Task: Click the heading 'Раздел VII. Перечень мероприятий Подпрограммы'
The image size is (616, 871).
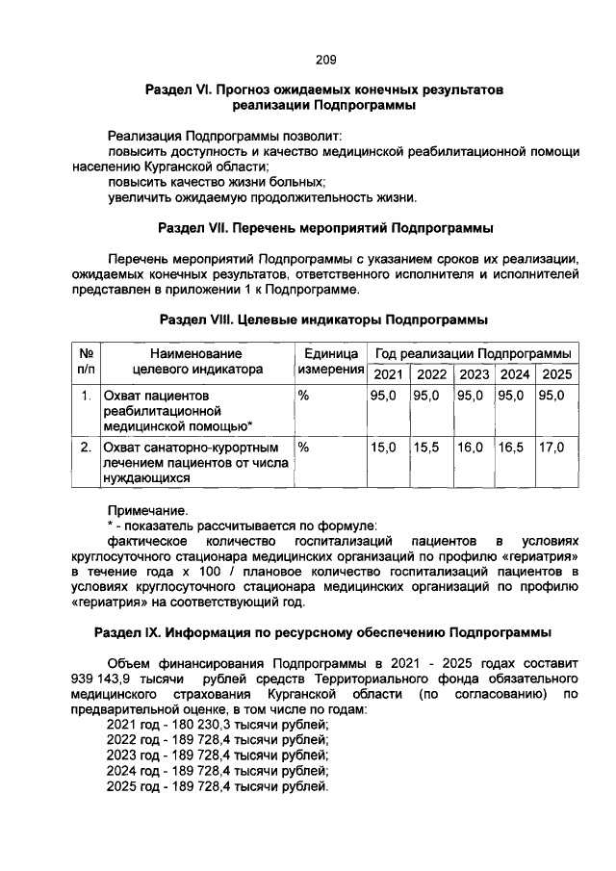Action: (x=325, y=229)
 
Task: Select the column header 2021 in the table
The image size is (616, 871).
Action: (x=388, y=373)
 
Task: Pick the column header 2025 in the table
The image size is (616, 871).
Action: (x=556, y=373)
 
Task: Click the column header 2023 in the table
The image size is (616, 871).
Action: (x=473, y=373)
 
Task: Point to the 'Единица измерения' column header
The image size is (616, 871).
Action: (x=329, y=363)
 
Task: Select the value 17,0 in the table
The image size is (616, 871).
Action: (x=552, y=448)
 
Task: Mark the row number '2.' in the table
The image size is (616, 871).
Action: (x=86, y=448)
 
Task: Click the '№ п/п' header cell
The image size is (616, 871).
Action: (x=86, y=363)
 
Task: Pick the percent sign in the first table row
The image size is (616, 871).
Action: (x=303, y=395)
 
